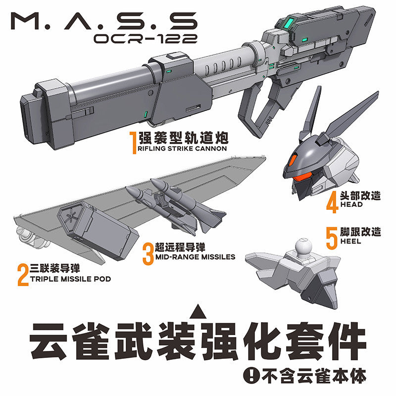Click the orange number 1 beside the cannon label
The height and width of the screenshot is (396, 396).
coord(133,143)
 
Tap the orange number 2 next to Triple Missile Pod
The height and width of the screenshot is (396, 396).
coord(23,275)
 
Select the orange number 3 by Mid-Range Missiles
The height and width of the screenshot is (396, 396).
coord(148,254)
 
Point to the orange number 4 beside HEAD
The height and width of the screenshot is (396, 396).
coord(332,202)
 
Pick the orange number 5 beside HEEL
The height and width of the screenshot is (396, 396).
coord(332,238)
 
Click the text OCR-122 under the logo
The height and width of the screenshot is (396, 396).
coord(146,39)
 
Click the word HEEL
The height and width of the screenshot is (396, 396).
coord(351,241)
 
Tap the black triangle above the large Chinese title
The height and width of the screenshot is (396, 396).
coord(198,311)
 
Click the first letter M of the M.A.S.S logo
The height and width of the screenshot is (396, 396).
coord(25,21)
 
